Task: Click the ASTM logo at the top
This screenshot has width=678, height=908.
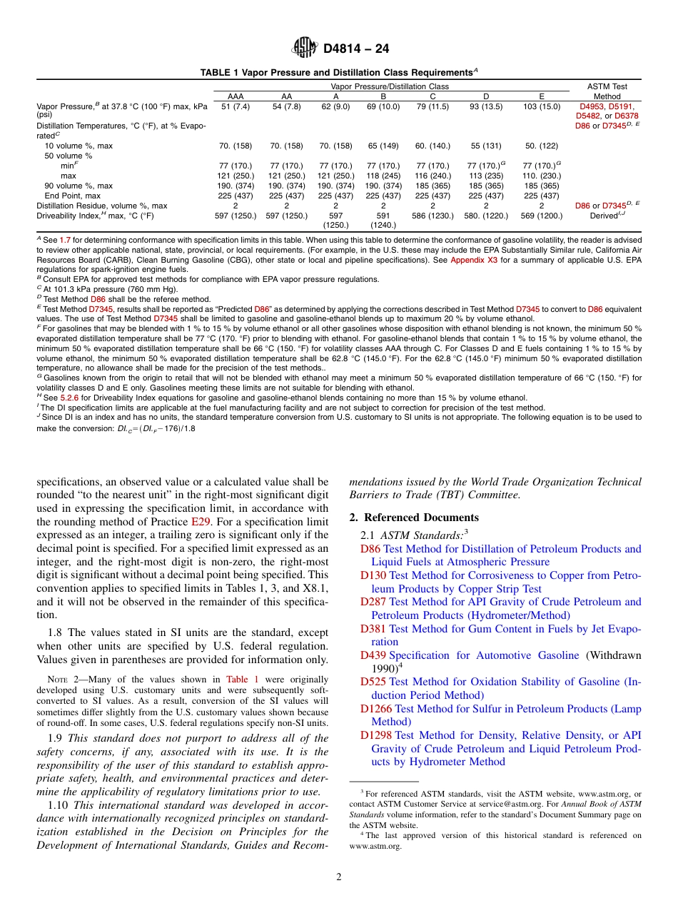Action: [305, 49]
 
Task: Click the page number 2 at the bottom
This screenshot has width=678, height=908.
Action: [339, 877]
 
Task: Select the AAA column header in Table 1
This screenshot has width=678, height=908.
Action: [235, 96]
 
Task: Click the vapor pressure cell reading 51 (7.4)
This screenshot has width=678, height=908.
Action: [235, 106]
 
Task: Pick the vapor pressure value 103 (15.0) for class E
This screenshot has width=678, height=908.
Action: [541, 106]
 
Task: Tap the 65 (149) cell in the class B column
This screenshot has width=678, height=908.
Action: [383, 146]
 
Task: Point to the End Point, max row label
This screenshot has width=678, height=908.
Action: [72, 196]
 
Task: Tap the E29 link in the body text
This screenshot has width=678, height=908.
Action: [200, 522]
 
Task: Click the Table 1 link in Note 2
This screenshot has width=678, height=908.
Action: [242, 680]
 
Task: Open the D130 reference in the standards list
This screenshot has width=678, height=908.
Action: [373, 575]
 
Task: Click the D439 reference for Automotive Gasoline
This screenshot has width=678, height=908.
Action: [373, 655]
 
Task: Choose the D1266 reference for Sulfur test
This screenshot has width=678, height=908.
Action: [376, 709]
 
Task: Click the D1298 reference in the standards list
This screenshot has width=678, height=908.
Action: [376, 735]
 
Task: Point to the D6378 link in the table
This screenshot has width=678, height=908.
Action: [627, 116]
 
